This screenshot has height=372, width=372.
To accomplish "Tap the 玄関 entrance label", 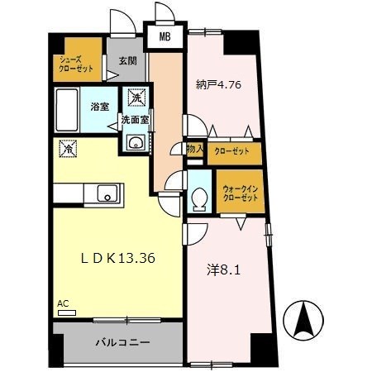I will (x=126, y=61).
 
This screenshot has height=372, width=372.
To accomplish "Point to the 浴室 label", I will (x=101, y=107).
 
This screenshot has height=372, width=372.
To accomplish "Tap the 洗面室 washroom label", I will (x=135, y=120).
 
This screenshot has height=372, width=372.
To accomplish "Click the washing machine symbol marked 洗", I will (x=135, y=98).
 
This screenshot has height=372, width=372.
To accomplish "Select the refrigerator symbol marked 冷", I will (x=65, y=149).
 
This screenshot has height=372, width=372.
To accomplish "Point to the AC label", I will (x=63, y=303).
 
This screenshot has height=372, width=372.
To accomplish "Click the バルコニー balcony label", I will (x=115, y=341).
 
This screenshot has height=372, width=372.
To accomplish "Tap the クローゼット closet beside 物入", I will (x=234, y=152).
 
